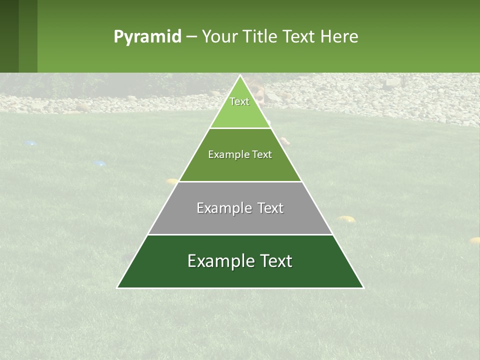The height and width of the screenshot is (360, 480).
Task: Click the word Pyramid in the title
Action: [147, 37]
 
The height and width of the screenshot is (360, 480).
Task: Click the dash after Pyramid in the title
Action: [191, 37]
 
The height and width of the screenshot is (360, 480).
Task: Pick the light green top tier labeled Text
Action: [239, 112]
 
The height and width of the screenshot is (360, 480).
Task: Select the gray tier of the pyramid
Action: [240, 220]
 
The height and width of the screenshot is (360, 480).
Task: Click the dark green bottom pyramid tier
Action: [240, 275]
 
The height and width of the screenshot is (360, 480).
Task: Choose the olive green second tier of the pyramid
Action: [240, 167]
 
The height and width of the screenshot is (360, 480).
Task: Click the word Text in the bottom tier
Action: [273, 261]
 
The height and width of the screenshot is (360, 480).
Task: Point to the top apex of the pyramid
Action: [240, 76]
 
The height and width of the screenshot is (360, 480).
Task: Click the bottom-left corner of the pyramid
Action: [118, 287]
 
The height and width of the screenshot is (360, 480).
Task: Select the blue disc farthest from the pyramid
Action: [30, 143]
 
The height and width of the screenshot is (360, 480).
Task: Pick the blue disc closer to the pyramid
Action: [99, 163]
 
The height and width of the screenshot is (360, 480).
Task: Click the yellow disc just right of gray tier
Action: [345, 218]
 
